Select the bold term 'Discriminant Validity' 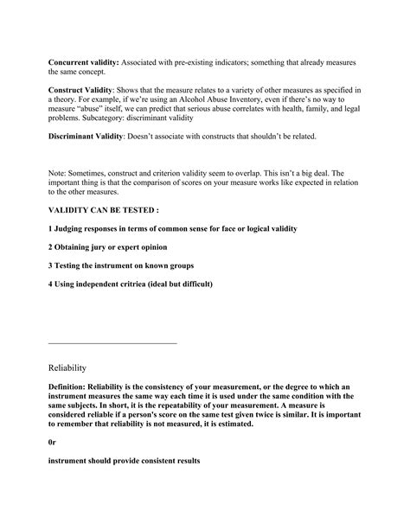pyautogui.click(x=89, y=137)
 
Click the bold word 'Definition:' pyautogui.click(x=73, y=387)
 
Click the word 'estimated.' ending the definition pyautogui.click(x=279, y=425)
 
